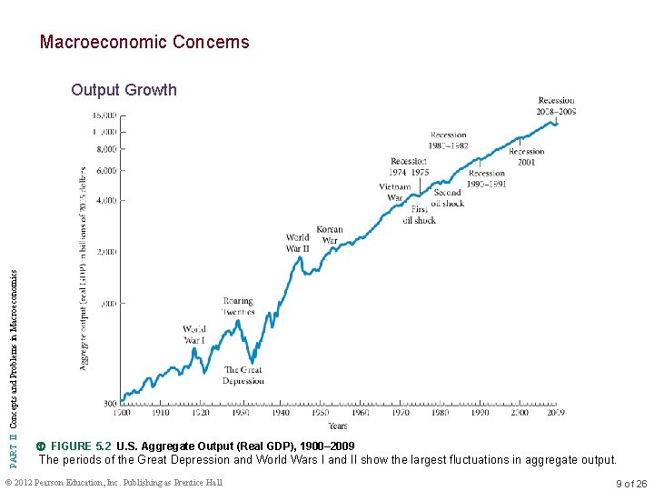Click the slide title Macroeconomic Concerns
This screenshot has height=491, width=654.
click(144, 42)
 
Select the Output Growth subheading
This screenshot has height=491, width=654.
click(124, 90)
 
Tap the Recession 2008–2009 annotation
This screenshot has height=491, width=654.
click(556, 106)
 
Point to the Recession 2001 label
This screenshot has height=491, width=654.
click(527, 157)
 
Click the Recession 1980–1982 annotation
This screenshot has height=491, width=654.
click(448, 140)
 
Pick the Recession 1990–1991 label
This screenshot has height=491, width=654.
click(487, 178)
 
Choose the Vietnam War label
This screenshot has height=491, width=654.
click(395, 193)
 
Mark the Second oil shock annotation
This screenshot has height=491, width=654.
click(447, 198)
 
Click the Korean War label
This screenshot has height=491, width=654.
click(330, 235)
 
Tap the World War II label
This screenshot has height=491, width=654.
click(297, 243)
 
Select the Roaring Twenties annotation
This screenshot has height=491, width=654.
click(238, 306)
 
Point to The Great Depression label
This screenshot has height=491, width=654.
click(243, 376)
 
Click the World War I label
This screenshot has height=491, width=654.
click(193, 335)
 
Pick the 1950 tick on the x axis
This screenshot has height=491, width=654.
click(322, 413)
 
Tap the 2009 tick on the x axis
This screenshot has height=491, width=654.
click(556, 413)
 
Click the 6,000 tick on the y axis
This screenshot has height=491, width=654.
click(105, 170)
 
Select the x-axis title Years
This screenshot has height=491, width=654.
click(337, 426)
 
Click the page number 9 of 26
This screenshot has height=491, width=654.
click(630, 483)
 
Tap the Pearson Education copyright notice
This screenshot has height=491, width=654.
click(114, 483)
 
